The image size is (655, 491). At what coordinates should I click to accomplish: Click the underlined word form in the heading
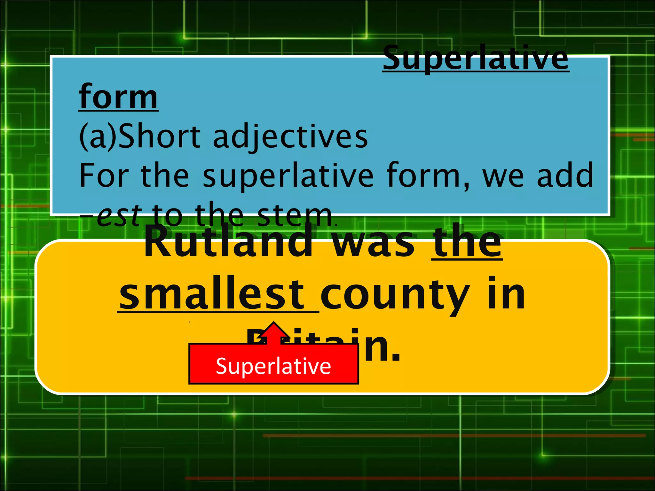(118, 97)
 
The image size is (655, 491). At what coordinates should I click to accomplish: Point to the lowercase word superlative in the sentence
(288, 176)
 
